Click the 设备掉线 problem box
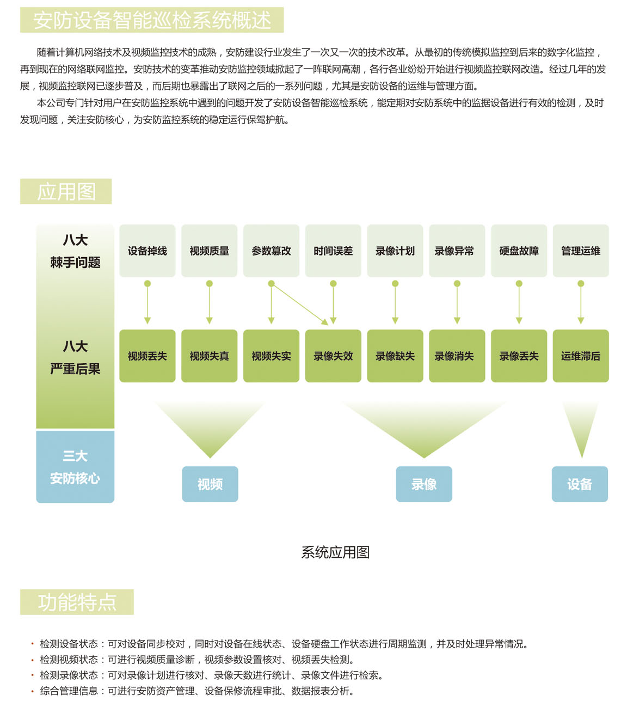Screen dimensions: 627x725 (x=147, y=251)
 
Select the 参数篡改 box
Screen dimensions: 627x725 (x=271, y=251)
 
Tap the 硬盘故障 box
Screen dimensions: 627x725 (x=519, y=251)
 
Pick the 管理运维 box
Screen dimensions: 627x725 (x=581, y=251)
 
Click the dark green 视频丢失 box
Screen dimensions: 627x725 (x=147, y=356)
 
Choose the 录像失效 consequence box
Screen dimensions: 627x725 (x=333, y=356)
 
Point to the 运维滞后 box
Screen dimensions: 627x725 (x=581, y=356)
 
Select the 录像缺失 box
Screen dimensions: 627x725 (x=395, y=356)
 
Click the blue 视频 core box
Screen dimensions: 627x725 (x=210, y=484)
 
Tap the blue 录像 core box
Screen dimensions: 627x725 (x=424, y=484)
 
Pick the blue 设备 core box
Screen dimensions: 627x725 (x=580, y=484)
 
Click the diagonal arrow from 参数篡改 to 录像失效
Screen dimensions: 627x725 (x=300, y=304)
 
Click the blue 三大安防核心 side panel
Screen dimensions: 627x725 (x=75, y=466)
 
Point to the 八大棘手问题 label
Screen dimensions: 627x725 (x=75, y=251)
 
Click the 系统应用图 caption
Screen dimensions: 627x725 (x=335, y=552)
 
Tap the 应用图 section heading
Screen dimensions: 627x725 (x=66, y=192)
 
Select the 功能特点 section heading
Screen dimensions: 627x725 (x=77, y=602)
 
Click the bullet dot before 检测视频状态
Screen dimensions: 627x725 (x=32, y=660)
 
